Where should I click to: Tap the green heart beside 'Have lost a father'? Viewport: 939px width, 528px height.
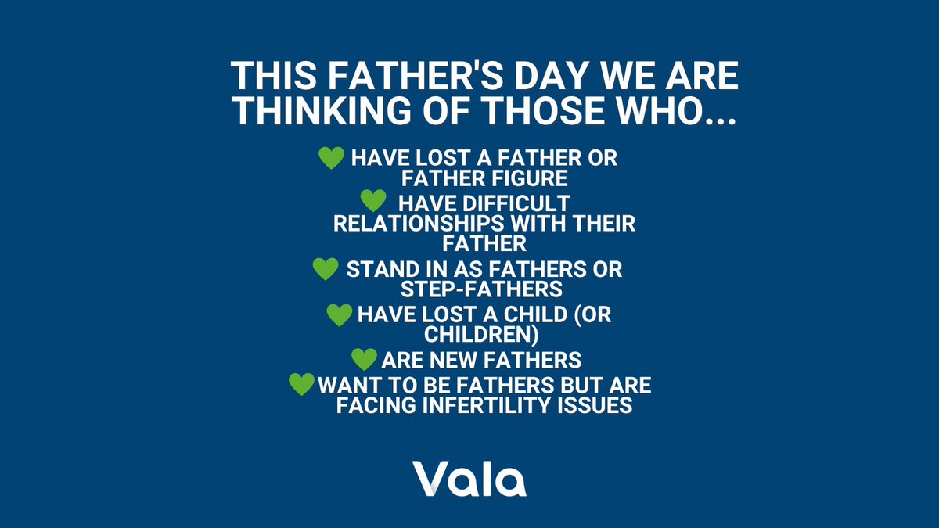tap(332, 158)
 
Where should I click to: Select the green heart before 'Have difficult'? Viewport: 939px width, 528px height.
tap(372, 200)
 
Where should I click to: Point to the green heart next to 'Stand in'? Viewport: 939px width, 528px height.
tap(325, 269)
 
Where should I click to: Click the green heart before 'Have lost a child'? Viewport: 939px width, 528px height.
tap(339, 314)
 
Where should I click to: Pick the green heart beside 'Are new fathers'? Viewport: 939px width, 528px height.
tap(364, 360)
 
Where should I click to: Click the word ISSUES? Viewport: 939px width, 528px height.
tap(595, 406)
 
